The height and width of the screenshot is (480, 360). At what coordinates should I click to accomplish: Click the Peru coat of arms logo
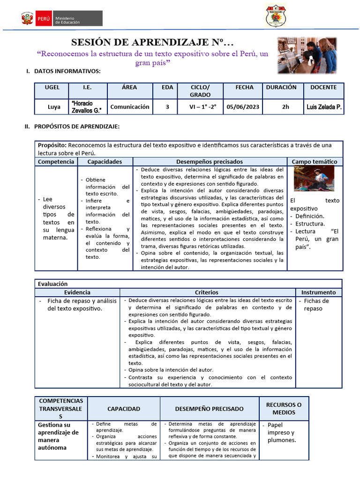point(27,19)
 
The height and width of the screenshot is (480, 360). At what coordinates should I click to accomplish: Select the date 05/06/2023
point(242,107)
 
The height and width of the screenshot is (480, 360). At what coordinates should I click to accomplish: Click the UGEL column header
point(52,87)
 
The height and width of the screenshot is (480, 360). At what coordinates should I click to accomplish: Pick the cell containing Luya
point(54,107)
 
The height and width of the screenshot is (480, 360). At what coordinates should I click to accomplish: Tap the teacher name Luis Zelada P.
point(324,107)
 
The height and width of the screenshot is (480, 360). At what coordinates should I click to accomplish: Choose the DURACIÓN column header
point(281,87)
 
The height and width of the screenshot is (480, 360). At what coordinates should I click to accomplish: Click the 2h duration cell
point(285,107)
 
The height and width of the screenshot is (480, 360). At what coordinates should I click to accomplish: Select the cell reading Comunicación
point(130,107)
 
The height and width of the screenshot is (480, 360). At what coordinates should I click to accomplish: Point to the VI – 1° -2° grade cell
point(200,107)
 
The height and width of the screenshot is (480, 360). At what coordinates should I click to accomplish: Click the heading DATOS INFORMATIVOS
point(67,71)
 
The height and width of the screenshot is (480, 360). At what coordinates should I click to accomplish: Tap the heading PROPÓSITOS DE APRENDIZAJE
point(76,127)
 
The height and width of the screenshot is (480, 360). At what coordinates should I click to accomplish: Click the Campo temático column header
point(315,161)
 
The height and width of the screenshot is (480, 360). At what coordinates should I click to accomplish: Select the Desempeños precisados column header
point(210,161)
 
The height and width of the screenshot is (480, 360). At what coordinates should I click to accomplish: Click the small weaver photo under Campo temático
point(314,178)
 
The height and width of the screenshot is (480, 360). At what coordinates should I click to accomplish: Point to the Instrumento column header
point(318,292)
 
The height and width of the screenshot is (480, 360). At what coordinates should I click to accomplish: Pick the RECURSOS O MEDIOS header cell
point(284,408)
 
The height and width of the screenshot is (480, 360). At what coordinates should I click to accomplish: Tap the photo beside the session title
point(307,55)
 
